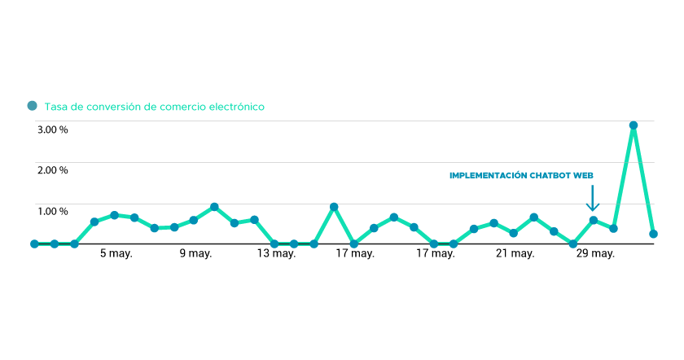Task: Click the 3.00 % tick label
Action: [52, 130]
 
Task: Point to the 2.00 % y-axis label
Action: [52, 170]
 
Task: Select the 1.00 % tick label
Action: [52, 212]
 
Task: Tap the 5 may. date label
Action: [116, 254]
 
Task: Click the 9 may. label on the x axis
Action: [195, 254]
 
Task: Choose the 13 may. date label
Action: [277, 254]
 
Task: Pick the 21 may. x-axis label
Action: [515, 254]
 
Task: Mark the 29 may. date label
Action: [595, 254]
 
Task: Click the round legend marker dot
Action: [33, 106]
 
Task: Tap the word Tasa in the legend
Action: [56, 107]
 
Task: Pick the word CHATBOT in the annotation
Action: [550, 175]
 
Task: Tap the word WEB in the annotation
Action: [583, 175]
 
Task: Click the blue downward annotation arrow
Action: [593, 198]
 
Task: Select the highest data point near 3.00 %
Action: [633, 125]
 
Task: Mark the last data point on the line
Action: [653, 234]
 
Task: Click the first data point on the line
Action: [34, 244]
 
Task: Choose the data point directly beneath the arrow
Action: [594, 220]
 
